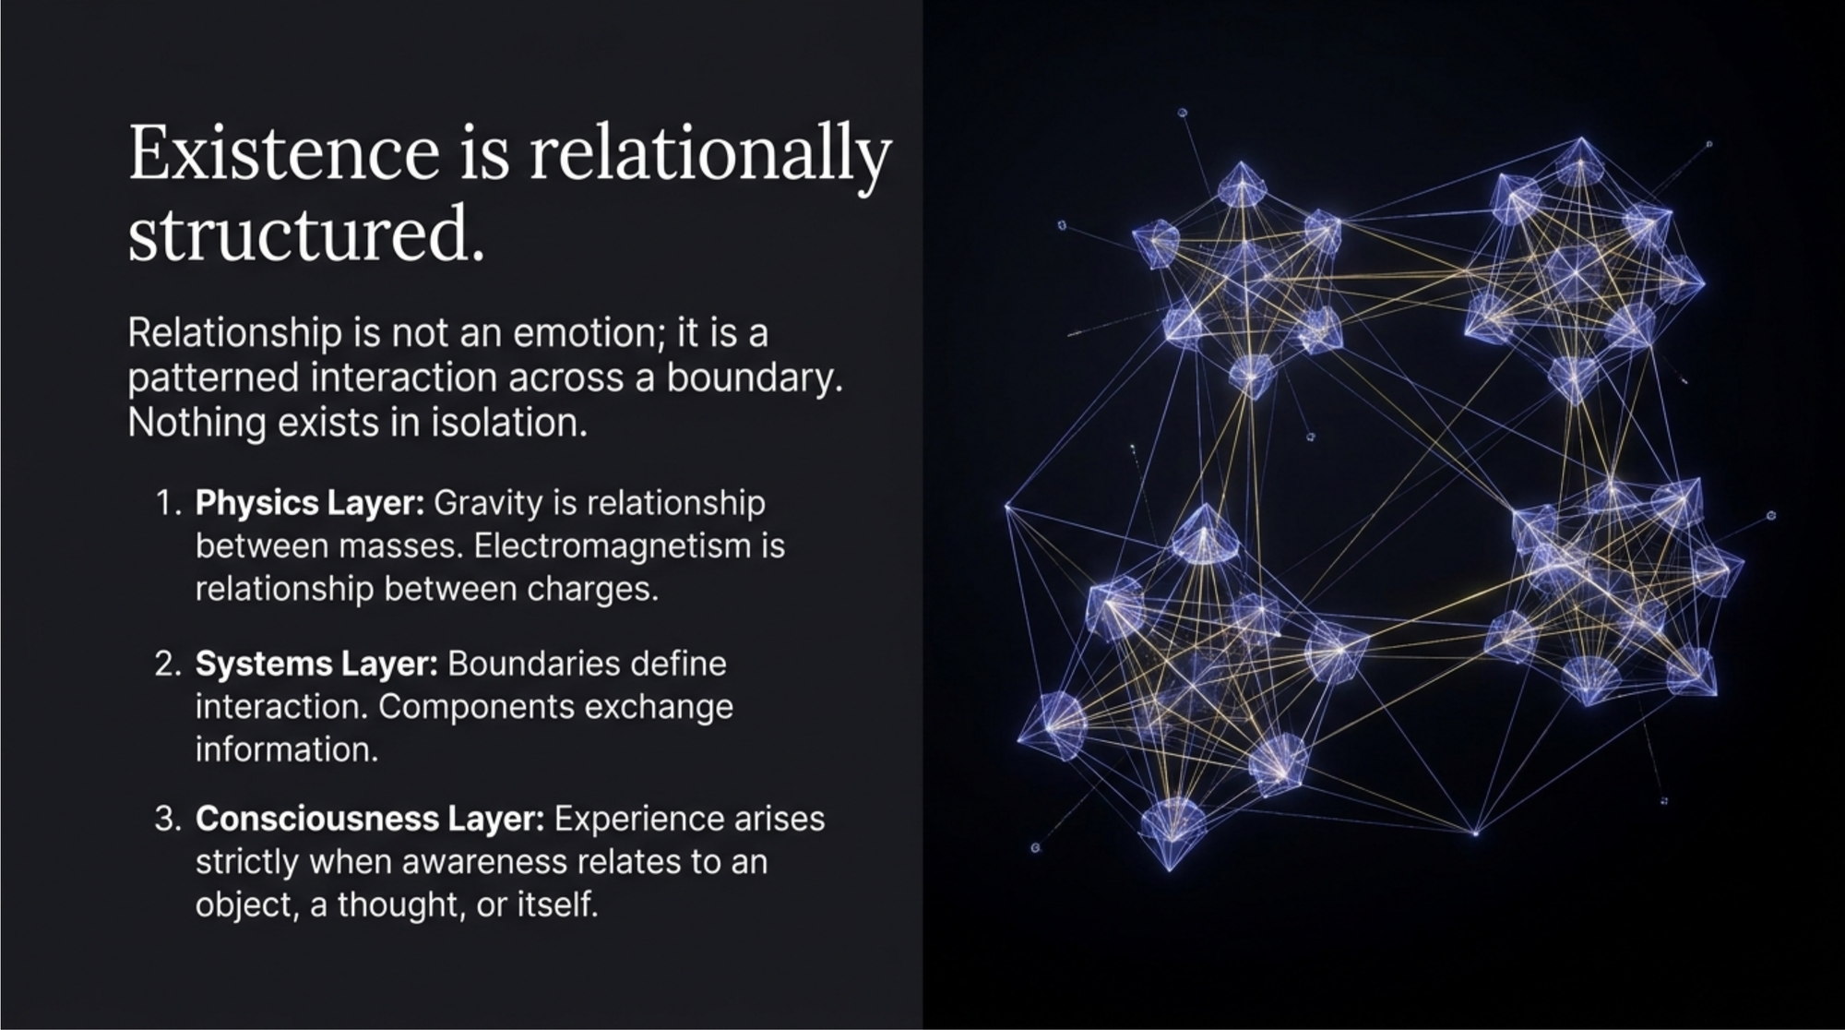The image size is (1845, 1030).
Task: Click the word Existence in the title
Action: (283, 153)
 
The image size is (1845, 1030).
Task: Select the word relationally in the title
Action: (709, 153)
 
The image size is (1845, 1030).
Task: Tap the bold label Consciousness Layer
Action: (370, 819)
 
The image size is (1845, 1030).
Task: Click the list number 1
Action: (166, 504)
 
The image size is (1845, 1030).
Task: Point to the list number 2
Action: (167, 665)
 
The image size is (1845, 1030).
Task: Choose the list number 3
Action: (167, 820)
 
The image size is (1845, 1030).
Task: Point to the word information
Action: (286, 749)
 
